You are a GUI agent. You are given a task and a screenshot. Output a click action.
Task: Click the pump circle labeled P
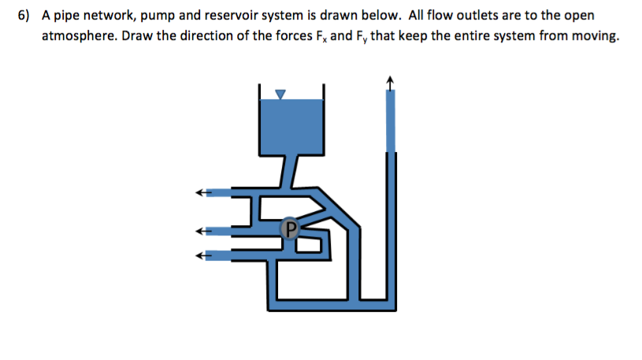(x=290, y=228)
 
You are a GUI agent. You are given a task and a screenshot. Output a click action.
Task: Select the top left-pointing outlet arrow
(x=203, y=192)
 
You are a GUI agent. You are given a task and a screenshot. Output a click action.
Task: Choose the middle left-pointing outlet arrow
(x=203, y=232)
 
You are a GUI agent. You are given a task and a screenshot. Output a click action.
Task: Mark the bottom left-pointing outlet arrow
(x=203, y=255)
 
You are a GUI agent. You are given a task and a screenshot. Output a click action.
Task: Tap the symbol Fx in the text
(x=320, y=36)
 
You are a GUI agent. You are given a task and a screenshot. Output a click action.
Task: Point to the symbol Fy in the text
(x=358, y=36)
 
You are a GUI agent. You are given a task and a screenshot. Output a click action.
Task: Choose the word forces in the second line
(x=291, y=36)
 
